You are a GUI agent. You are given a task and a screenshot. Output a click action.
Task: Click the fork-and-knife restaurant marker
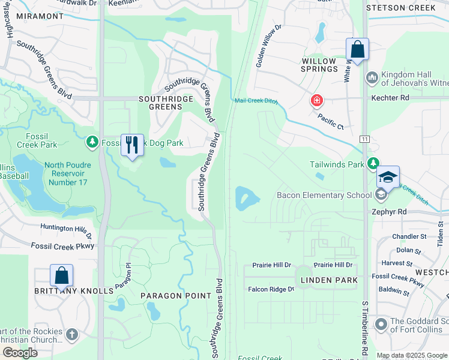click(x=132, y=145)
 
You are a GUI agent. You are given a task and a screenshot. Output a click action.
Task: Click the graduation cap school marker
click(x=388, y=177)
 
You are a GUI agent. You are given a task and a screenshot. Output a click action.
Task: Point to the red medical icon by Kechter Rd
click(x=316, y=101)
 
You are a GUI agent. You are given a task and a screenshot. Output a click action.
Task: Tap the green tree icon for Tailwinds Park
click(x=373, y=163)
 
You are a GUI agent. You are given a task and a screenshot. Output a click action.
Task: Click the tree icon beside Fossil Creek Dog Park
click(x=92, y=142)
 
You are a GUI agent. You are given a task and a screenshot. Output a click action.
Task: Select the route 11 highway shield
click(x=364, y=139)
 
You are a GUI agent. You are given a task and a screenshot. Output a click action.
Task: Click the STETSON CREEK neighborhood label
click(x=400, y=8)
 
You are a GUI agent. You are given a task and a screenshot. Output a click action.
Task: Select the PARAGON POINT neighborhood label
click(x=175, y=296)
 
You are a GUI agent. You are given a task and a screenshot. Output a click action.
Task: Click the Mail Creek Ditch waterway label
click(x=256, y=101)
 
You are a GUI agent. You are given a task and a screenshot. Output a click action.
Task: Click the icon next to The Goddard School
click(x=381, y=325)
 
